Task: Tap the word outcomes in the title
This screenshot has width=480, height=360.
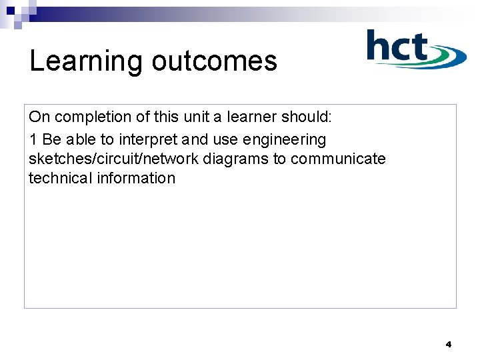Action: tap(214, 61)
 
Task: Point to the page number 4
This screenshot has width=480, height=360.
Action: tap(448, 345)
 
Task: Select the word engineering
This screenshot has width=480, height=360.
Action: tap(285, 140)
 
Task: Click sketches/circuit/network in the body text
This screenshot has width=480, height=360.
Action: tap(113, 159)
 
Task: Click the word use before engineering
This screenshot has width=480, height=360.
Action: tap(226, 140)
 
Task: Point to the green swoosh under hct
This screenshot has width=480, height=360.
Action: tap(427, 63)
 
